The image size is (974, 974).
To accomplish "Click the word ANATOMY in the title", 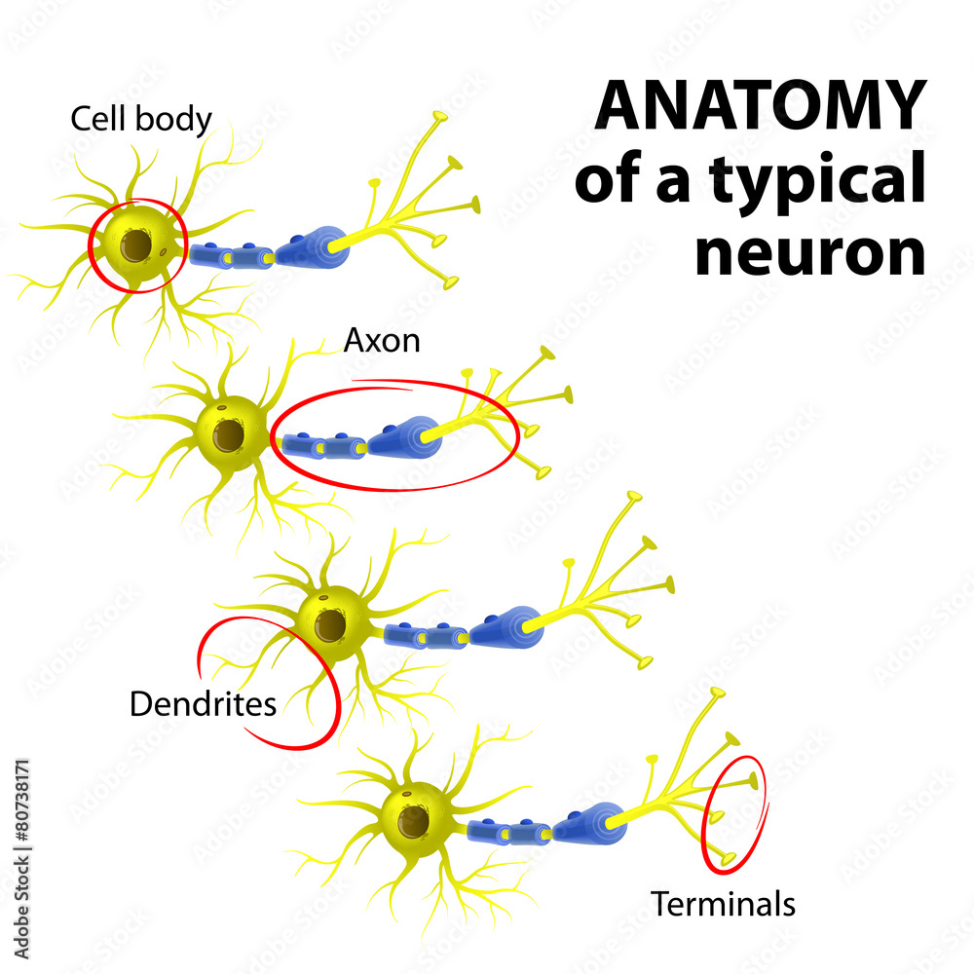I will click(x=759, y=105).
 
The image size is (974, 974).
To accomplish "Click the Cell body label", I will click(x=140, y=119).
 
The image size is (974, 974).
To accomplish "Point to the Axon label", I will click(x=382, y=340).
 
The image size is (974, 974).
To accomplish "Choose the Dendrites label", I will click(x=203, y=702).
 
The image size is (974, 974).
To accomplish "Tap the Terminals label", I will click(x=723, y=904).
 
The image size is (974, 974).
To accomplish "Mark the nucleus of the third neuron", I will click(x=329, y=623).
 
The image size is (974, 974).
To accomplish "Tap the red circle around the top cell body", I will click(x=91, y=248).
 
